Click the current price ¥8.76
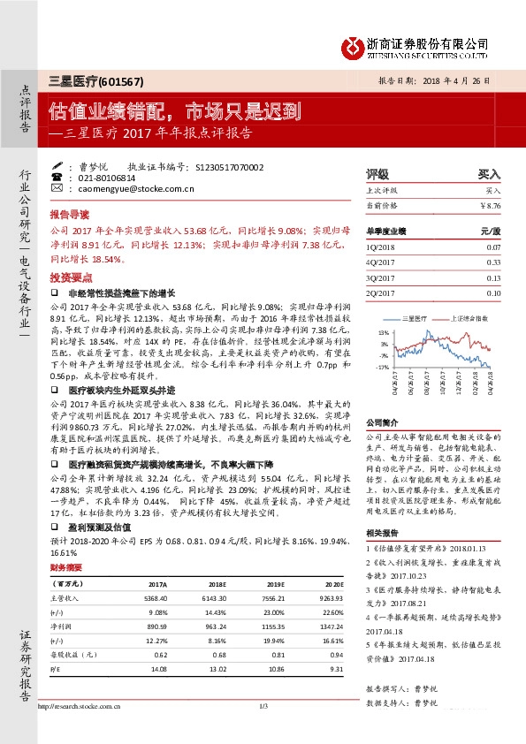[490, 205]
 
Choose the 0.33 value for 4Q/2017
[493, 262]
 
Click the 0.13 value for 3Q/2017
[493, 277]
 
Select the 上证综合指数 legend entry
[465, 315]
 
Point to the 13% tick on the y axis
[385, 331]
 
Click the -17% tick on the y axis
[383, 365]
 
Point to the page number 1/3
[263, 705]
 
